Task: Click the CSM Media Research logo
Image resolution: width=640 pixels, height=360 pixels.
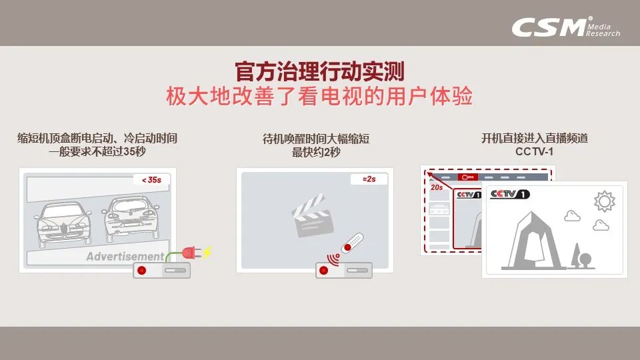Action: coord(566,27)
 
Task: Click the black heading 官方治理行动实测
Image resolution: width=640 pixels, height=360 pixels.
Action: coord(319,71)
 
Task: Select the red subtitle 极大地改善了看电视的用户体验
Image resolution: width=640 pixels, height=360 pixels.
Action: coord(319,96)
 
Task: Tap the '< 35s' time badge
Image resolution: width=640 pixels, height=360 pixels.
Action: coord(151,180)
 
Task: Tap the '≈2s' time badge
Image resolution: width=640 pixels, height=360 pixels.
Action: coord(369,179)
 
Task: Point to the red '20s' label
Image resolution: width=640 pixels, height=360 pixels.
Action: coord(436,187)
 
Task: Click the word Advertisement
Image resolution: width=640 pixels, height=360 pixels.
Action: coord(125,256)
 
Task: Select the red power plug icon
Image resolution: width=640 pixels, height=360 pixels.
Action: coord(190,253)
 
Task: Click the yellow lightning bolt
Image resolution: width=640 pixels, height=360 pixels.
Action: coord(208,252)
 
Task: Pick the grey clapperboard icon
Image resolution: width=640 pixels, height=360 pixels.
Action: coord(312,216)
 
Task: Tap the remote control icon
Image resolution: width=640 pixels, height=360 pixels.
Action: coord(352,243)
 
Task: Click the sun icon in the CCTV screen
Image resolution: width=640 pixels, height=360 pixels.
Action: coord(605,201)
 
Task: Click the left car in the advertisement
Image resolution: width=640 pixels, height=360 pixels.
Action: coord(63,223)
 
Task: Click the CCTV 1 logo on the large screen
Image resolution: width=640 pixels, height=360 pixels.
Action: coord(510,194)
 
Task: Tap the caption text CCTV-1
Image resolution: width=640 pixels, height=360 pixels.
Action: coord(534,152)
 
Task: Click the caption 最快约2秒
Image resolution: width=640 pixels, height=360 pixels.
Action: coord(316,152)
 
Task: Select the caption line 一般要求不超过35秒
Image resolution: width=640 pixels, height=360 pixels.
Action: coord(97,151)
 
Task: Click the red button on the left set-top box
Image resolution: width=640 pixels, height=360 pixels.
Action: coord(141,270)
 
